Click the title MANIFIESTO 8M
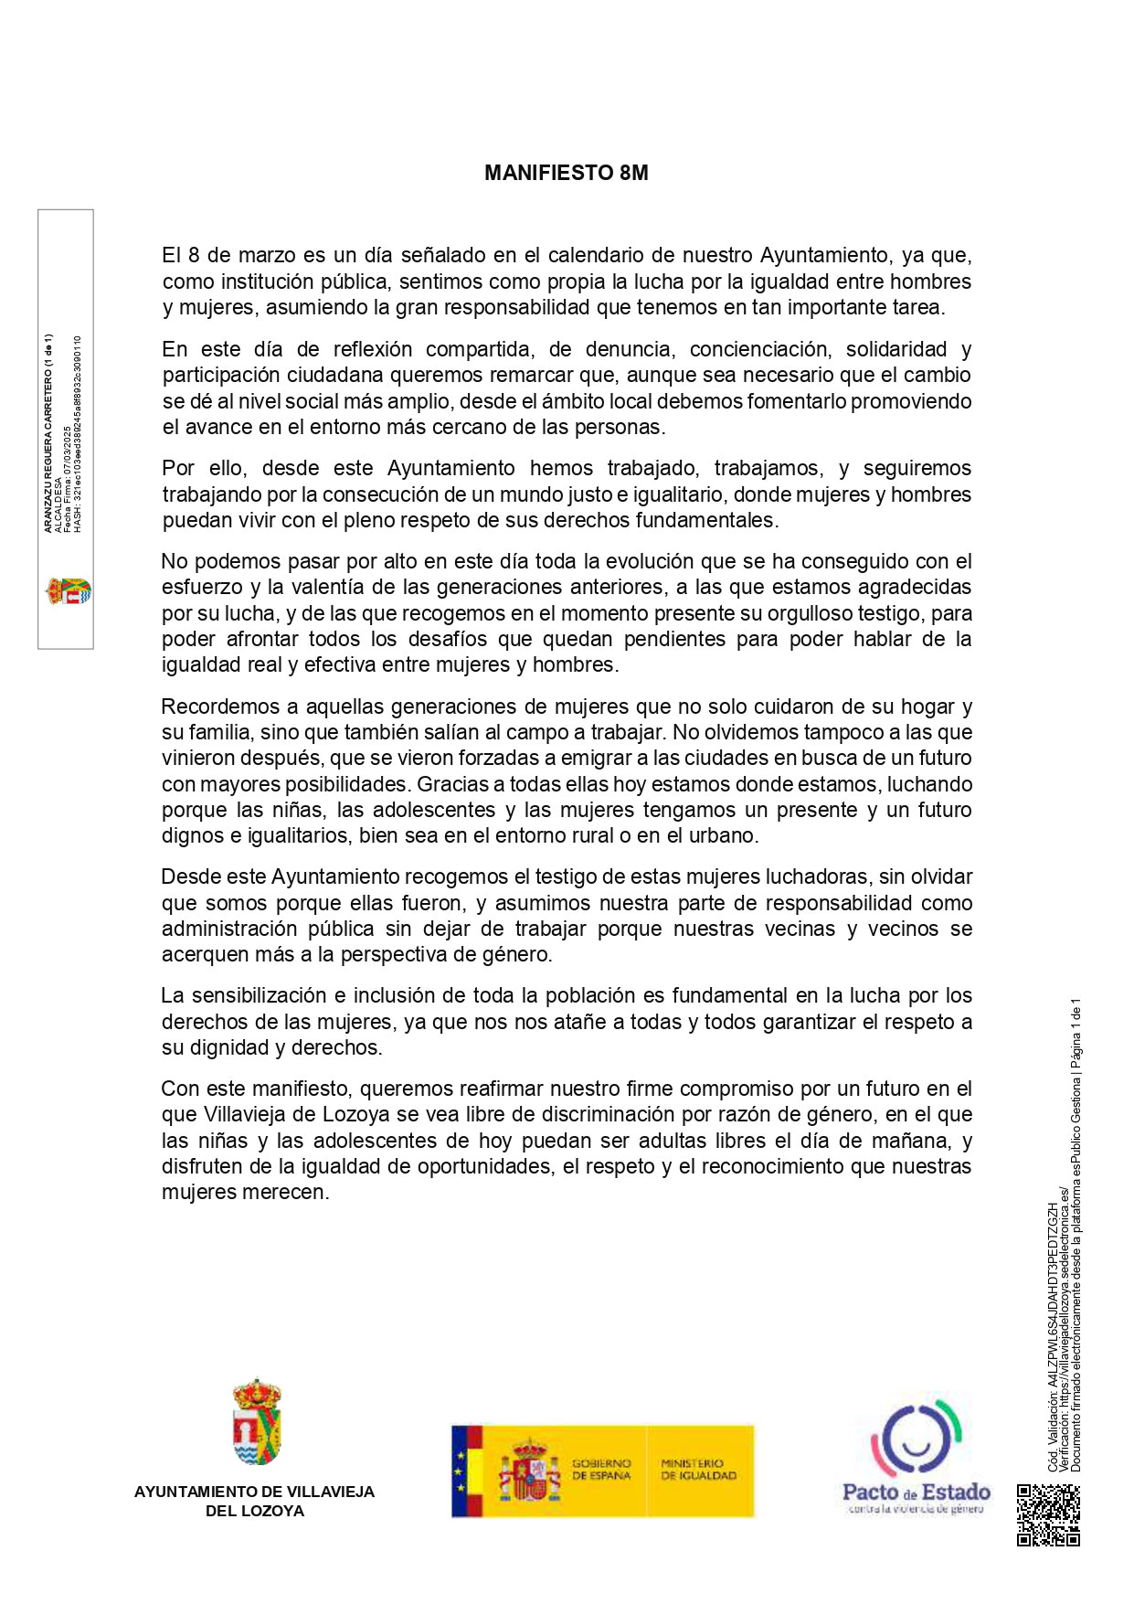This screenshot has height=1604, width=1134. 566,174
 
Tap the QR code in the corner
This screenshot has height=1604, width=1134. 1048,1514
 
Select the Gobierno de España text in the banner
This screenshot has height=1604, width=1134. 601,1469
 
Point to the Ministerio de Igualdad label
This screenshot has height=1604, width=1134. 698,1469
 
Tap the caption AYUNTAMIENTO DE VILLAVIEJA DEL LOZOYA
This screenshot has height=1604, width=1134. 254,1501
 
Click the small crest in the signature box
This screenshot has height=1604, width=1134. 68,591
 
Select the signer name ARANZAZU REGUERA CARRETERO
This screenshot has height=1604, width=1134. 48,432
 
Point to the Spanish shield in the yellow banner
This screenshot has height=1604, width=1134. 529,1471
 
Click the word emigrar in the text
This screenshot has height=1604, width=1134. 586,758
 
